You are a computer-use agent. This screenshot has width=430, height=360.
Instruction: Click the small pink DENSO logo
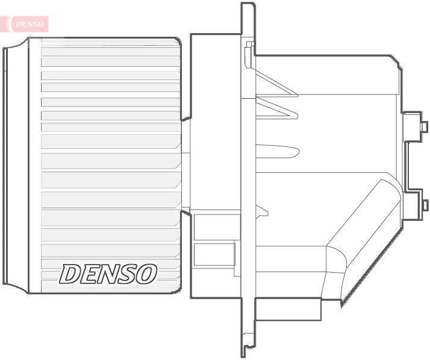[28, 23]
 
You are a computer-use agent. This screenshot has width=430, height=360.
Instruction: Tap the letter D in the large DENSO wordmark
[71, 274]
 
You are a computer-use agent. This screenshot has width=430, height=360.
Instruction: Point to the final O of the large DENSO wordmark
[146, 274]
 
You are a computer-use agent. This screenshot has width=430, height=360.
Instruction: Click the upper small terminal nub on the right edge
[424, 126]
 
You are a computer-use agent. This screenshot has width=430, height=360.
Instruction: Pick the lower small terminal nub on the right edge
[424, 205]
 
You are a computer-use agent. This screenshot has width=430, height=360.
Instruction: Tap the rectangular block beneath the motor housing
[288, 310]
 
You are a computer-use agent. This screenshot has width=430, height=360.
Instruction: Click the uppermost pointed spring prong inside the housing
[277, 84]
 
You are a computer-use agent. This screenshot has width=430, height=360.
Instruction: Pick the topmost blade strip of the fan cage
[110, 52]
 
